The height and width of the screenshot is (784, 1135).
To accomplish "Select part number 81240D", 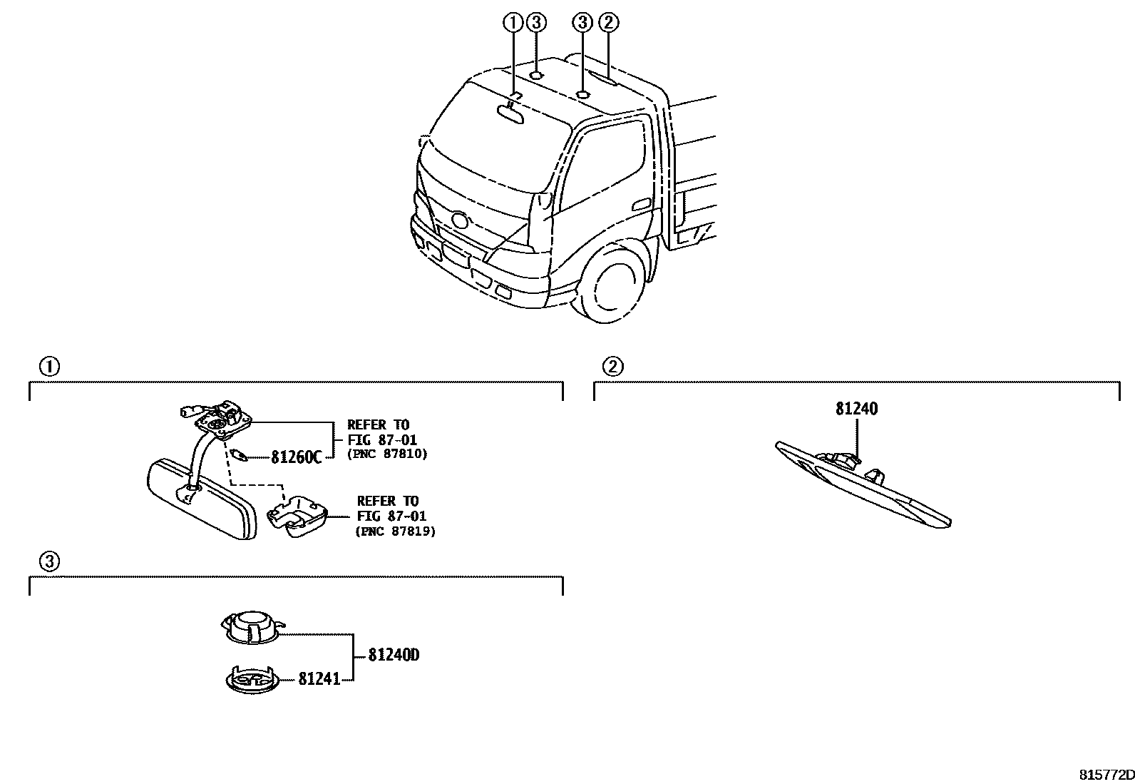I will (x=394, y=655).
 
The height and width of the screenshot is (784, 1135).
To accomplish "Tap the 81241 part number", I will (x=319, y=679).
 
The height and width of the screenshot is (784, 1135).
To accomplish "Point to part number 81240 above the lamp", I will (x=856, y=409).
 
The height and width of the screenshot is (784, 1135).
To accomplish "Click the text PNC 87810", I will (x=388, y=454).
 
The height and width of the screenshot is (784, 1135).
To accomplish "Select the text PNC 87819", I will (x=396, y=531).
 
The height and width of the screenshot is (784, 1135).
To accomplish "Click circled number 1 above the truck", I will (x=512, y=23).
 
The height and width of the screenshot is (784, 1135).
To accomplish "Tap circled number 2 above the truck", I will (x=607, y=23).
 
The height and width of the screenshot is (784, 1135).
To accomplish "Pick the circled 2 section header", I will (x=612, y=367).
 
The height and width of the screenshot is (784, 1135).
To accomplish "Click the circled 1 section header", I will (x=48, y=367).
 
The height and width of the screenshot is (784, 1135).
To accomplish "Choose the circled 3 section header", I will (x=48, y=562).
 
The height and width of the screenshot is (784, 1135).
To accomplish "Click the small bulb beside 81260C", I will (x=239, y=454).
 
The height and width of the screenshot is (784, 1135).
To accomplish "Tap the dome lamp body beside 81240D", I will (x=250, y=626).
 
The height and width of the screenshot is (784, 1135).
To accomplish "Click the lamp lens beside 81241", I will (x=252, y=679).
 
